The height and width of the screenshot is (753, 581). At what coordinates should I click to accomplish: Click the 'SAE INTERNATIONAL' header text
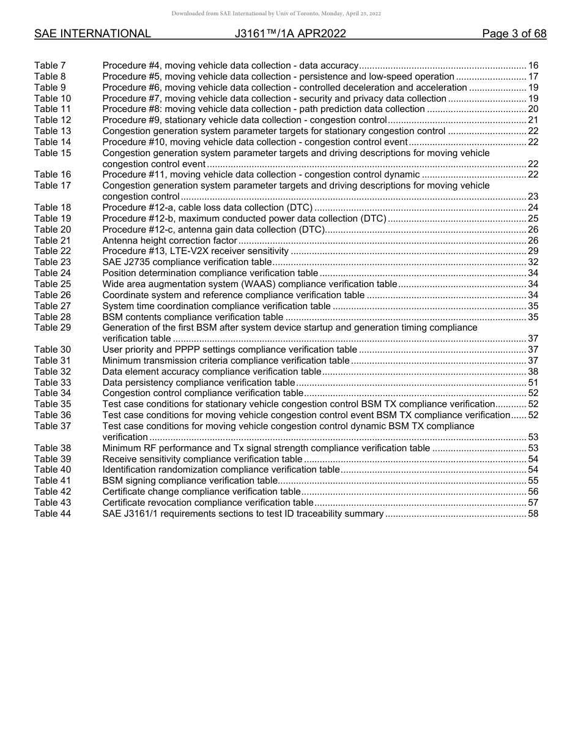(x=92, y=34)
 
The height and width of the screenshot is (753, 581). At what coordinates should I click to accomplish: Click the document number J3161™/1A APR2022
(x=290, y=34)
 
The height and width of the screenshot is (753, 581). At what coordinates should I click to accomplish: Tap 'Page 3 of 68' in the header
(x=514, y=34)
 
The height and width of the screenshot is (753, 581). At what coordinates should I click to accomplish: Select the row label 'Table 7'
(x=50, y=66)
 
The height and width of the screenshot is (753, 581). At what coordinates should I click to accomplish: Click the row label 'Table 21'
(x=52, y=241)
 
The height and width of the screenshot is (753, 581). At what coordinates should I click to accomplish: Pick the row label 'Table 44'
(x=52, y=514)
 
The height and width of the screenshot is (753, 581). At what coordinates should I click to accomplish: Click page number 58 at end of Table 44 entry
(x=533, y=514)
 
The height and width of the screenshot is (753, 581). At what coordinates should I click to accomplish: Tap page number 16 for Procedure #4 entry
(x=533, y=66)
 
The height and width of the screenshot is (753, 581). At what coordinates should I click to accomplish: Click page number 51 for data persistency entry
(x=533, y=383)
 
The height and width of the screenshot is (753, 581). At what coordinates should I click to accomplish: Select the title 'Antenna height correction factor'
(x=169, y=241)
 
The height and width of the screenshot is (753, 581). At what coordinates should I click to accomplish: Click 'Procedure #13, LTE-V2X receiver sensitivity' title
(x=195, y=252)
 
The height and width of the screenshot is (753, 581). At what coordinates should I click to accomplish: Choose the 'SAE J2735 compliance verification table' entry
(x=187, y=262)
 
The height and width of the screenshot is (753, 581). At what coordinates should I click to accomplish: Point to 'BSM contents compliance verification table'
(x=193, y=317)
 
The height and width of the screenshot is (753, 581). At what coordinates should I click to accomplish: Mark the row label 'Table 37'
(x=52, y=426)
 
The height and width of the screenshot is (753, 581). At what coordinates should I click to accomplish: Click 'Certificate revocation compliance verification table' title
(x=207, y=503)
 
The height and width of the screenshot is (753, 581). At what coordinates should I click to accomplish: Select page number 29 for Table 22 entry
(x=533, y=252)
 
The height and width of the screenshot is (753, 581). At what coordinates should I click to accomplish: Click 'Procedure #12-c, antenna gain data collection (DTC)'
(x=212, y=230)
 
